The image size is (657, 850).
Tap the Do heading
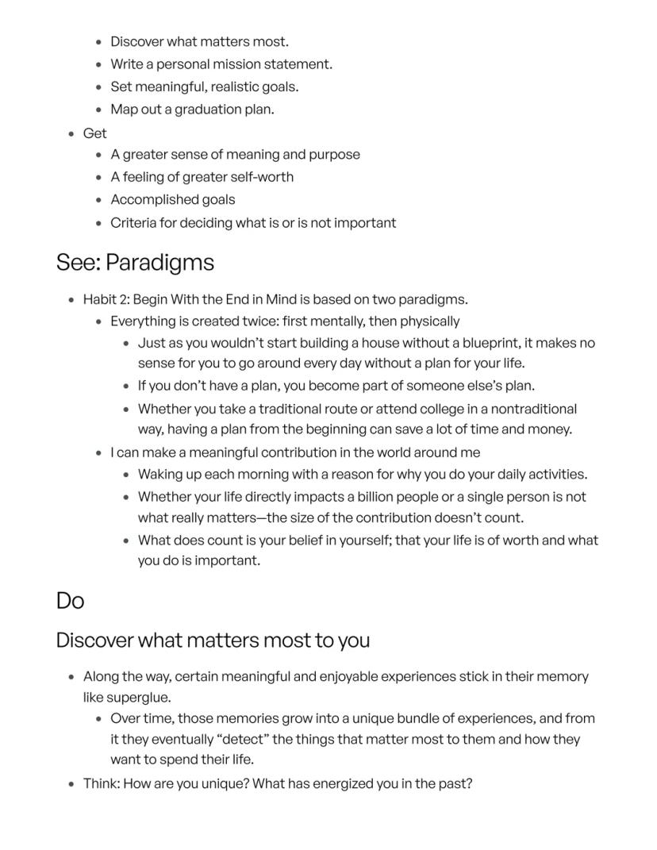coord(70,601)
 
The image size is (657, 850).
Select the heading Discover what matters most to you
coord(213,640)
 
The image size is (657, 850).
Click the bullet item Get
coord(94,133)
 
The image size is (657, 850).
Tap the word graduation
coord(197,110)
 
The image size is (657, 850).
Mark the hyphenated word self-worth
coord(260,177)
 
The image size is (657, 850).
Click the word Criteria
coord(133,222)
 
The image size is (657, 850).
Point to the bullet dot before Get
coord(71,133)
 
